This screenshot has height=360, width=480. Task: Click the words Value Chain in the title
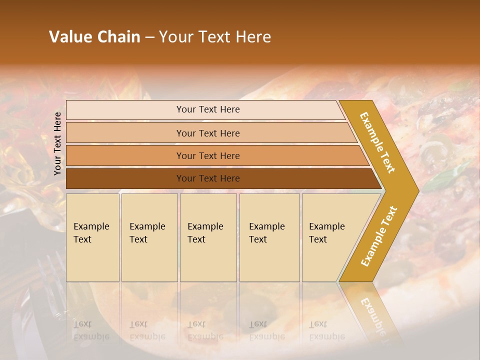tap(94, 37)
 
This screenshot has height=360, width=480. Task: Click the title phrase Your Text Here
tap(215, 37)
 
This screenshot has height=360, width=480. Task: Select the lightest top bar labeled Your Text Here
tap(207, 109)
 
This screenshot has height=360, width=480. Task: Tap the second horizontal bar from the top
tap(207, 133)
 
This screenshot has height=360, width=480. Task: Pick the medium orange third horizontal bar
tap(207, 155)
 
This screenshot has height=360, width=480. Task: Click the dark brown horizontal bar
tap(207, 178)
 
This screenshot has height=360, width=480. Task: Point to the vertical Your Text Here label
tap(58, 143)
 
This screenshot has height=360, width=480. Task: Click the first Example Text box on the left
tap(92, 237)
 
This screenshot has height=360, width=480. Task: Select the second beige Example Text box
tap(149, 237)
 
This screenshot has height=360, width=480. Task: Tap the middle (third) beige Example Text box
tap(208, 237)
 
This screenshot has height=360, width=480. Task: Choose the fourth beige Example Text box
tap(269, 237)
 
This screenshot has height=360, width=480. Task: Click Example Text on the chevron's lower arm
tap(379, 236)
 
